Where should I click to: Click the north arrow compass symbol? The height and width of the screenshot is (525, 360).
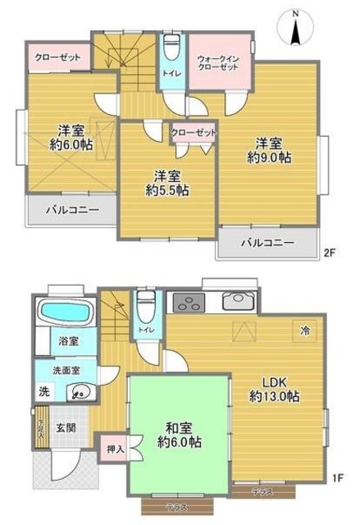295,28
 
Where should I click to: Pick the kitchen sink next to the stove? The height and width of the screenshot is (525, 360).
239,300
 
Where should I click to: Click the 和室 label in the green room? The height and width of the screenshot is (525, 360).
173,427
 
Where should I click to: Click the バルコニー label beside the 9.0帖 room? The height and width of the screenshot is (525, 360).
267,243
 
